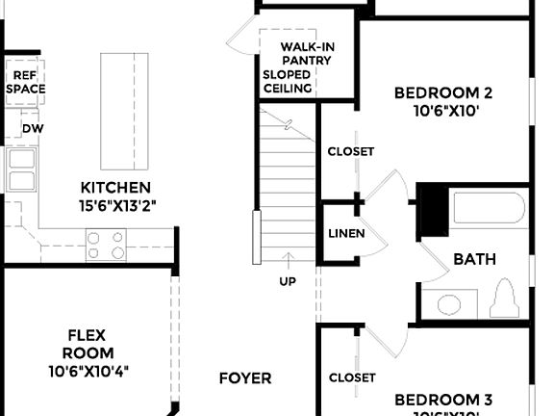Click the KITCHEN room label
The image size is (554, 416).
coord(115,187)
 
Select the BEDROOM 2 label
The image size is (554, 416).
coord(443,93)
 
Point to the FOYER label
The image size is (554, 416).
coord(244,378)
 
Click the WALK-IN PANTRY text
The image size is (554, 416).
coord(307,54)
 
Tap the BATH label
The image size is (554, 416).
coord(474,258)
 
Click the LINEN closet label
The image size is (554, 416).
coord(345,234)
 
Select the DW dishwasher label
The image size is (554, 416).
coord(33,128)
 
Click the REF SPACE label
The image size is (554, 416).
coord(26,81)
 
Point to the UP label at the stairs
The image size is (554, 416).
coord(288,281)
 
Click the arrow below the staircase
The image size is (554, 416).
coord(288,260)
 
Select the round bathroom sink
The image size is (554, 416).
coord(449,305)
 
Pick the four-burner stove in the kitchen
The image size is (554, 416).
coord(107,245)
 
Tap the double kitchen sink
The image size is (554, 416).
coord(20,169)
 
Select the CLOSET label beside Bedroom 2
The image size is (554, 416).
coord(350,152)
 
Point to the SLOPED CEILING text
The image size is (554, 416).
coord(288,81)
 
